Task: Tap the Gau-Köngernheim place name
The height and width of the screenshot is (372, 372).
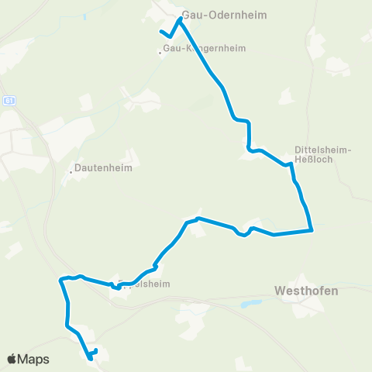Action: pyautogui.click(x=204, y=48)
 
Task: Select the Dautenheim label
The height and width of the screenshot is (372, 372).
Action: pyautogui.click(x=103, y=167)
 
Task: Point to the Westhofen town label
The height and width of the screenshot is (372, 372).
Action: pyautogui.click(x=306, y=291)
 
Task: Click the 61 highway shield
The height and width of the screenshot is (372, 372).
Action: pyautogui.click(x=9, y=101)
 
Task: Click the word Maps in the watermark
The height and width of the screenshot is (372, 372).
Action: pyautogui.click(x=34, y=359)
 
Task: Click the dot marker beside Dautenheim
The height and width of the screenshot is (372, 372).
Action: pyautogui.click(x=71, y=172)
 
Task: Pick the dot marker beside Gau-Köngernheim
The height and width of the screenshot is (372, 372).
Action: pyautogui.click(x=160, y=53)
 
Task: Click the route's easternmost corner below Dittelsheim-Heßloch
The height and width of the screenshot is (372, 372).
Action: pyautogui.click(x=312, y=230)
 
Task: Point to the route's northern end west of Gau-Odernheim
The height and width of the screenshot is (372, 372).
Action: pyautogui.click(x=161, y=32)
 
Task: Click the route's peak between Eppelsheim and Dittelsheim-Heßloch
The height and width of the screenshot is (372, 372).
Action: pyautogui.click(x=199, y=219)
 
